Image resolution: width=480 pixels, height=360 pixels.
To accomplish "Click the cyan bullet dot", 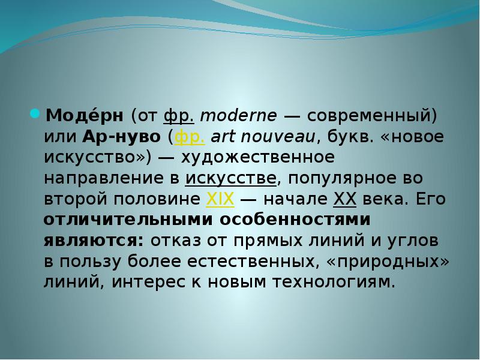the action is tap(35, 114).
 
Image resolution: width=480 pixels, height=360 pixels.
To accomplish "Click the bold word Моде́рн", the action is tap(85, 115).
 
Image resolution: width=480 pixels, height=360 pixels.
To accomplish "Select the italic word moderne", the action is tap(238, 116).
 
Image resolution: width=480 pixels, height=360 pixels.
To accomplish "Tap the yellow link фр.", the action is tap(190, 137).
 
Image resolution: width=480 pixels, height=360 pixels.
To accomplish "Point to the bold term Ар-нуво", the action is tap(121, 137).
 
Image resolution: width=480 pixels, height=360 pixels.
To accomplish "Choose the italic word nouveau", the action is tap(278, 137).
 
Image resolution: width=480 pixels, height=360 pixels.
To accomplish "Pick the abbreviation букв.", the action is tap(350, 136).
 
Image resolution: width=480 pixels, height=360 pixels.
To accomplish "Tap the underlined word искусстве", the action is tap(231, 179).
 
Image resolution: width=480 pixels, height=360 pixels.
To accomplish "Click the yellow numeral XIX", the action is tap(220, 199).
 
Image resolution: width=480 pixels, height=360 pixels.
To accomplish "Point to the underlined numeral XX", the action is tap(344, 199).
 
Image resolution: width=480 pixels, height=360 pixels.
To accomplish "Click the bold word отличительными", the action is tap(128, 220).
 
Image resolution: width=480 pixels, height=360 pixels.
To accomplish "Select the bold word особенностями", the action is tap(295, 220).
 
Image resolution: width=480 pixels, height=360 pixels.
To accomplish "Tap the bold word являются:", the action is tap(94, 241).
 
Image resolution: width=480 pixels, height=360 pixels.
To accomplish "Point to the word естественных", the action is tap(251, 261).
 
